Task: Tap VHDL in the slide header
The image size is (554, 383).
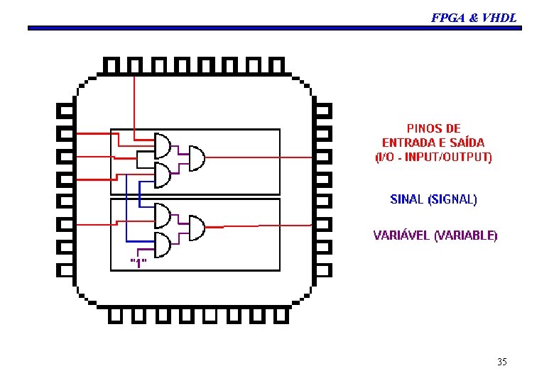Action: tap(499, 18)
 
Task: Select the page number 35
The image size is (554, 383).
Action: tap(502, 362)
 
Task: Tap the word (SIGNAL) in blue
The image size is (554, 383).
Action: tap(452, 199)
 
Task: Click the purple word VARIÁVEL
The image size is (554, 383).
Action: tap(402, 235)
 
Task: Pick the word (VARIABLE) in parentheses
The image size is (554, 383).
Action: tap(466, 235)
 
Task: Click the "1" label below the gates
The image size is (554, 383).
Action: tap(138, 263)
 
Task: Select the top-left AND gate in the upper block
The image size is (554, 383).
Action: tap(163, 145)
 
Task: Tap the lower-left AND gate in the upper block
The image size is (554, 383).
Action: tap(163, 174)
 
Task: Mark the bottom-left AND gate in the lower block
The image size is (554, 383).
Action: tap(163, 245)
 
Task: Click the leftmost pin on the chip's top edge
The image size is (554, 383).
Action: tap(111, 65)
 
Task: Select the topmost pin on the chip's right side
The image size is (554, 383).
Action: tap(323, 111)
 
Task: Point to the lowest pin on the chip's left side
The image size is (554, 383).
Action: tap(64, 270)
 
